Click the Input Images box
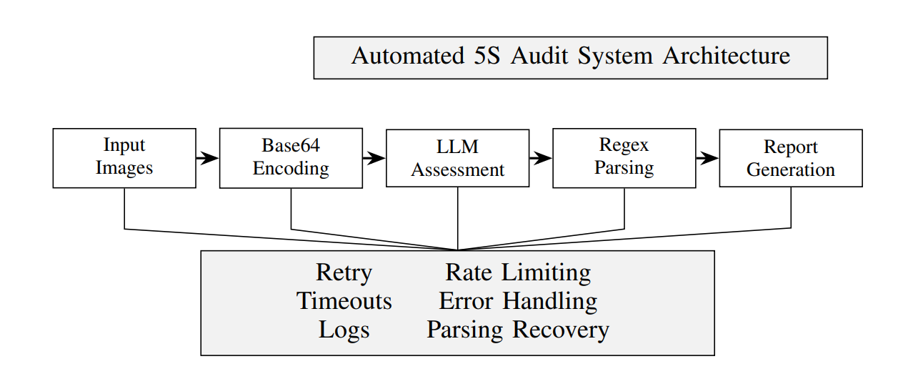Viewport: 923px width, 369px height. coord(124,158)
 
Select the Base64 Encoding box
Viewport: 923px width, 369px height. coord(291,158)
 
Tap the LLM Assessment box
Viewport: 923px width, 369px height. coord(457,159)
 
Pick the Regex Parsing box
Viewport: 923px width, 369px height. coord(624,158)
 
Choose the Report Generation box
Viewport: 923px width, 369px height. coord(790,159)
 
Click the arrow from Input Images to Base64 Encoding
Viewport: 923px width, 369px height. coord(207,158)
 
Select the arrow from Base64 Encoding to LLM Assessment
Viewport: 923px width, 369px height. coord(374,158)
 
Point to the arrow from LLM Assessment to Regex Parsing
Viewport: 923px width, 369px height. coord(541,158)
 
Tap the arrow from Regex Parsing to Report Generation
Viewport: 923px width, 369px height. coord(707,158)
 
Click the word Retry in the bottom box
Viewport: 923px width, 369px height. coord(344,273)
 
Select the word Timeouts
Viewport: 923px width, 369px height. coord(344,301)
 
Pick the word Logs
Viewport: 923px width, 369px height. coord(344,330)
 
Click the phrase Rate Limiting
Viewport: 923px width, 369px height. coord(518,273)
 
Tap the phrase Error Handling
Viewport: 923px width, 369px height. coord(518,301)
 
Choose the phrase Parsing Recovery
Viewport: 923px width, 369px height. coord(518,330)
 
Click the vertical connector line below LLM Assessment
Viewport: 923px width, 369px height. coord(457,218)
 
